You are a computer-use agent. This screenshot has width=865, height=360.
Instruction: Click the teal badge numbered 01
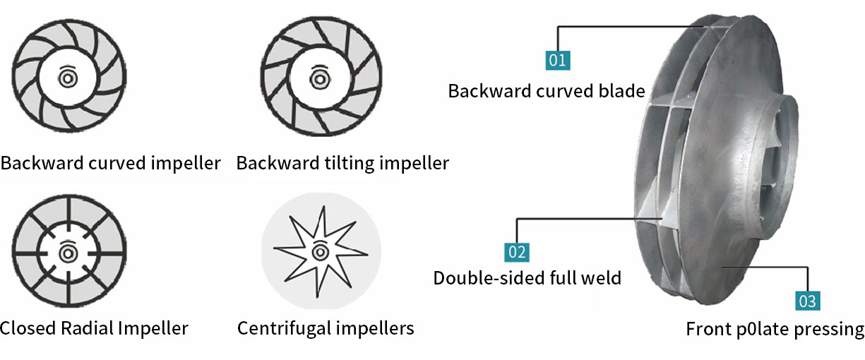point(558,60)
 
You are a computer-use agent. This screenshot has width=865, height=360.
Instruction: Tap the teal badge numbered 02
point(517,252)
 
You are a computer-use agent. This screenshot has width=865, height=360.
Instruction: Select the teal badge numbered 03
point(808,301)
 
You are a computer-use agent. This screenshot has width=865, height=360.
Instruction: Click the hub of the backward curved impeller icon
point(68,78)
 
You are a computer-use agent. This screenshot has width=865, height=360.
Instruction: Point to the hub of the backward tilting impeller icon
point(320,79)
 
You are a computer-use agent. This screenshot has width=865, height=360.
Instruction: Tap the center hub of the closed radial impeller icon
point(68,253)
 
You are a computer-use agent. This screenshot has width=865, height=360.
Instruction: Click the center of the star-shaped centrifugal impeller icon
point(320,252)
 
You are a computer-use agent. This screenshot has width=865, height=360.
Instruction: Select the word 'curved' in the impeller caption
point(117,163)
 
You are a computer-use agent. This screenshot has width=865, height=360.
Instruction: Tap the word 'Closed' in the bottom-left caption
point(28,328)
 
